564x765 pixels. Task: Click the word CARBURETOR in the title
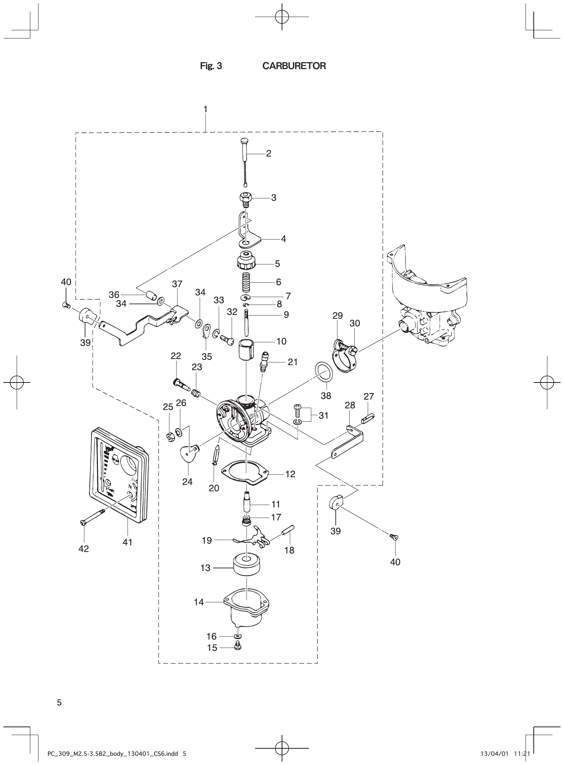coord(294,66)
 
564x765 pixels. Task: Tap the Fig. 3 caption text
coord(211,66)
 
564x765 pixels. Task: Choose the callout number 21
coord(293,362)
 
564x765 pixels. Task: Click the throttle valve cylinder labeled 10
coord(246,352)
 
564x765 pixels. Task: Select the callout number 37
coord(177,284)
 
